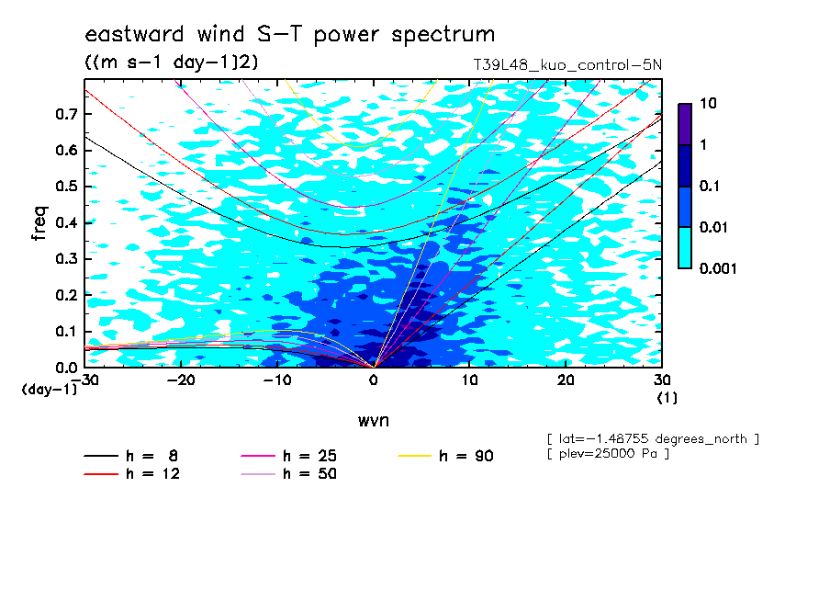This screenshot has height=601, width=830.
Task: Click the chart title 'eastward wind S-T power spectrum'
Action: pos(289,34)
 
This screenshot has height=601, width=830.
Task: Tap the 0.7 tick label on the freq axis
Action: pos(66,114)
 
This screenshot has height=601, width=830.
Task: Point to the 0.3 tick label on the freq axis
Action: pos(66,258)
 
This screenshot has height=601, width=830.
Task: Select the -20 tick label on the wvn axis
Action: pos(181,380)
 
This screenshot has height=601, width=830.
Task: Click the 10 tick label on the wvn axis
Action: pos(469,380)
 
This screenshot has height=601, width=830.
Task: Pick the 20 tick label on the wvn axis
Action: pos(566,380)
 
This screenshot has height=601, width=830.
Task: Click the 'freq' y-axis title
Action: pos(39,223)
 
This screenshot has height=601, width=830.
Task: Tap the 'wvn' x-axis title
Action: pos(373,421)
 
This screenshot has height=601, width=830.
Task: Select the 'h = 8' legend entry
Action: pos(131,456)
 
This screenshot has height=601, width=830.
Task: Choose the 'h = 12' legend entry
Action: pos(132,473)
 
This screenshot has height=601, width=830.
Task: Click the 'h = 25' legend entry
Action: pos(289,456)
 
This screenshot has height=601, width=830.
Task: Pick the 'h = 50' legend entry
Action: pos(289,473)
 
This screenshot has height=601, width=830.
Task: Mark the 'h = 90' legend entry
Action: pos(445,456)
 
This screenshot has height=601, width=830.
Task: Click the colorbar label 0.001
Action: pos(718,268)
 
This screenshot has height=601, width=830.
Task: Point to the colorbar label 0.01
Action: pos(714,227)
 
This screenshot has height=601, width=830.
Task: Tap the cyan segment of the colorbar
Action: pos(685,247)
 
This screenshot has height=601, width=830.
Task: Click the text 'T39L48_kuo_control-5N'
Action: pos(566,65)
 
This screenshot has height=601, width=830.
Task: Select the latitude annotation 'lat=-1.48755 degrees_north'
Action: pos(653,439)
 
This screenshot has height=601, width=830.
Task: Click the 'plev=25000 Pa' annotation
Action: pos(608,454)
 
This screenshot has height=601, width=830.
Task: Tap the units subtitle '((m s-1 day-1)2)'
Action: pos(172,62)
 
